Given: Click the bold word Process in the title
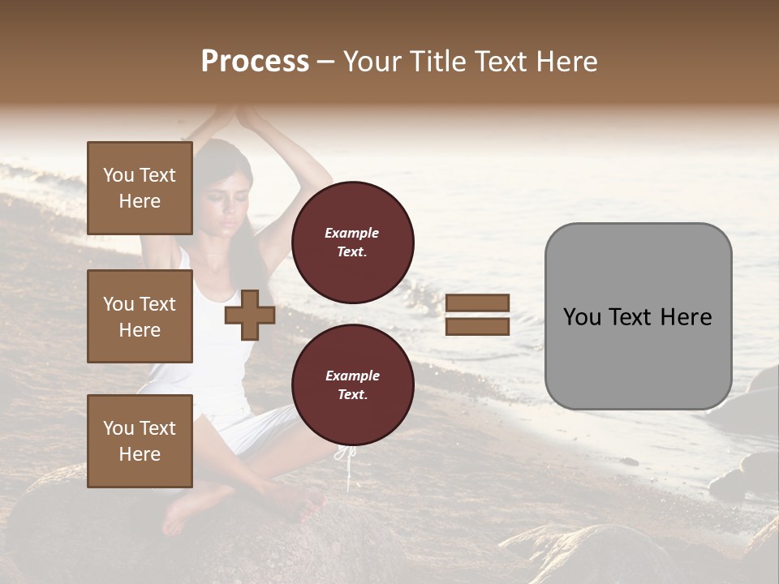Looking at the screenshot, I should click(x=255, y=62).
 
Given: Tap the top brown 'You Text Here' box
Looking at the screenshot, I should click(x=140, y=188).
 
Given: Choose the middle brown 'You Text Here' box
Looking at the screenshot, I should click(x=140, y=316).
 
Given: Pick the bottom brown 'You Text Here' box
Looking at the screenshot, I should click(x=140, y=441).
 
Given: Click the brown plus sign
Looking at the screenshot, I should click(x=250, y=316).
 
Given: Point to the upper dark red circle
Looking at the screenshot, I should click(x=352, y=243).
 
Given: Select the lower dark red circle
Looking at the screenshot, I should click(x=352, y=384).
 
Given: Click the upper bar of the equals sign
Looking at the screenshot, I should click(x=478, y=303).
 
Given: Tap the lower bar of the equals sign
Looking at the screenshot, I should click(x=478, y=326).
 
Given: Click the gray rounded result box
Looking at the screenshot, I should click(x=638, y=316).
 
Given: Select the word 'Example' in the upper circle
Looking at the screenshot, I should click(x=352, y=233).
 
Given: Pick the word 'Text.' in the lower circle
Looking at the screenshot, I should click(x=352, y=395).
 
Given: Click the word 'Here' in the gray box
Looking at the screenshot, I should click(x=686, y=317).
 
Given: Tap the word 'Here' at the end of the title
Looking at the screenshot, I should click(x=566, y=62).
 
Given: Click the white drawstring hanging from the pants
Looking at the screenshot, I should click(x=347, y=466).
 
